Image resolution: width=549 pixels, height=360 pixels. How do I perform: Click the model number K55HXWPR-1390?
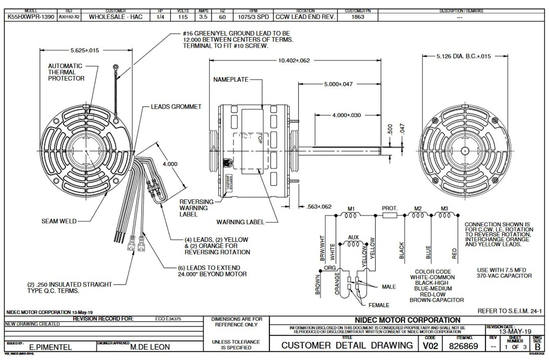tap(29, 18)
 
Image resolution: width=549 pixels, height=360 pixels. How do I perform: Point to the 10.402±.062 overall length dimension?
tap(294, 61)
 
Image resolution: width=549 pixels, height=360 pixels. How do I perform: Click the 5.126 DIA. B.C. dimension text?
tap(463, 56)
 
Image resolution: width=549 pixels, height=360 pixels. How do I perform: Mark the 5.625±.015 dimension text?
tap(85, 50)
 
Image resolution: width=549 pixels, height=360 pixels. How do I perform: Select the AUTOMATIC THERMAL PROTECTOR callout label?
tap(66, 72)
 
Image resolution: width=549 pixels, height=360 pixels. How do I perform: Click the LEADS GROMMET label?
tap(176, 107)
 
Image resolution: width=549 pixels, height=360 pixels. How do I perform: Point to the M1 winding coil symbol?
tap(351, 216)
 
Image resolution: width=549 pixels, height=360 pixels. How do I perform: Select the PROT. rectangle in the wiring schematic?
tap(390, 216)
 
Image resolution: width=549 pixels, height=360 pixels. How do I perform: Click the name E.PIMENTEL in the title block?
tap(48, 348)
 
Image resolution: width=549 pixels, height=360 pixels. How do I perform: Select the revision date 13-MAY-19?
tap(514, 332)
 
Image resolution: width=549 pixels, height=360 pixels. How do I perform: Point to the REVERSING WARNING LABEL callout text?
tap(196, 208)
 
